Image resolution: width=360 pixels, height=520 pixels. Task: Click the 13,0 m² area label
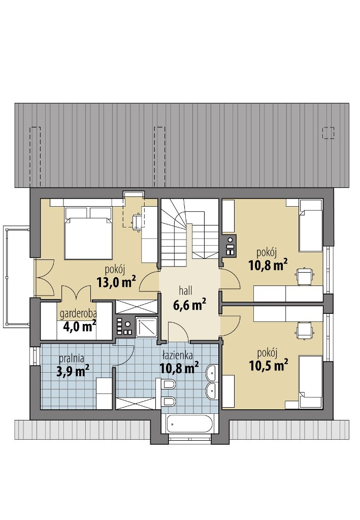click(x=116, y=282)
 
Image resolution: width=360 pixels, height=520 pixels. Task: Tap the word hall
click(x=186, y=291)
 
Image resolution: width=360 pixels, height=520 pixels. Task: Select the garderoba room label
click(x=78, y=314)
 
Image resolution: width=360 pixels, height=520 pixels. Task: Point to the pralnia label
click(x=71, y=359)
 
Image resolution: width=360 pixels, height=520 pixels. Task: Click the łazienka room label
click(x=178, y=356)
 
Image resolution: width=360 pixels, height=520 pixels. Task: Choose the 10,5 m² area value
click(x=268, y=366)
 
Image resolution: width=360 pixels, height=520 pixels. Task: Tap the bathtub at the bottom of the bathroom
click(x=189, y=424)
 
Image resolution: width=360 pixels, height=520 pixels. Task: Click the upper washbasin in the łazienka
click(x=211, y=373)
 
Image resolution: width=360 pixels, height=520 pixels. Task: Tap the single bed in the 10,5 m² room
click(x=311, y=381)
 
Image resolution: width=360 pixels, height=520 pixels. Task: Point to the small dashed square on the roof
click(x=328, y=133)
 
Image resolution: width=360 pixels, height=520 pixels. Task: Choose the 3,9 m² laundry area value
click(x=72, y=371)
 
